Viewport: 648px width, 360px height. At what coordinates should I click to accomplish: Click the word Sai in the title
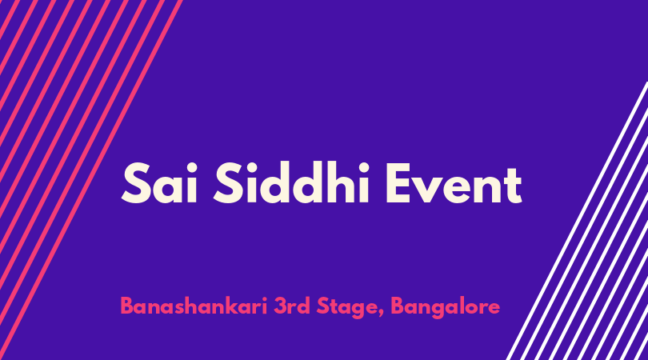159,182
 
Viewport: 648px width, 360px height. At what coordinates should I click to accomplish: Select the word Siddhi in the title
291,182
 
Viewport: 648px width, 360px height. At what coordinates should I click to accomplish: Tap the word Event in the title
454,184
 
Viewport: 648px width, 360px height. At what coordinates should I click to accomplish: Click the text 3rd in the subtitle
292,306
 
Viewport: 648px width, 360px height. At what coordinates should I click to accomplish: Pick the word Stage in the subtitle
347,307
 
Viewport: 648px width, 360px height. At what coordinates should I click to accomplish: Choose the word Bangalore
445,307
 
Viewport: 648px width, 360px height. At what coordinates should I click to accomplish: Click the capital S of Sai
136,182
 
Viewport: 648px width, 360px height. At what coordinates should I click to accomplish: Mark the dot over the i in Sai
191,167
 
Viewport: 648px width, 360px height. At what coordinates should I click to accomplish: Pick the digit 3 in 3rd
280,306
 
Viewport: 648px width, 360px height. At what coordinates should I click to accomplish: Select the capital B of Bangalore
398,306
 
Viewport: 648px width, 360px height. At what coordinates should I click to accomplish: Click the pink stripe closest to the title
91,180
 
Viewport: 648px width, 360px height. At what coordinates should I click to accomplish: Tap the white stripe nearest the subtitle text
577,221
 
